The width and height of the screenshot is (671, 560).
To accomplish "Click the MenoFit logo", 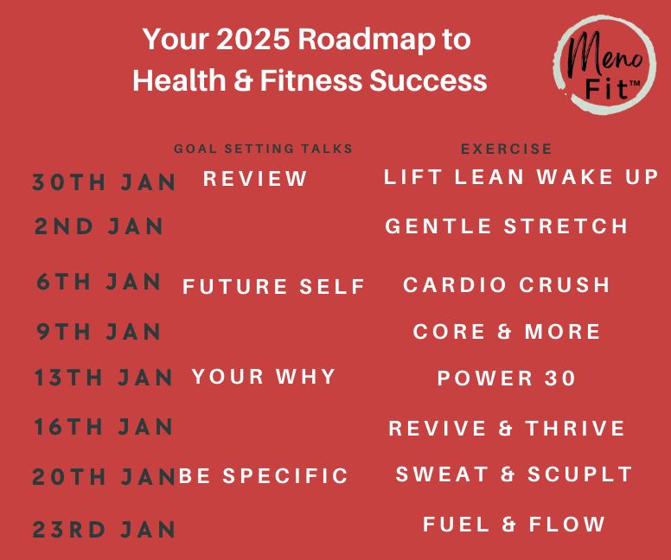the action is coord(604,65).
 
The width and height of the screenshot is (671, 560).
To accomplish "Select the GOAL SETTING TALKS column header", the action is coord(263,149).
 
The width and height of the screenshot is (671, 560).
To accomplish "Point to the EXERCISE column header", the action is coord(506,149).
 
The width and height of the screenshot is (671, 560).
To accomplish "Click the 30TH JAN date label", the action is coord(104,181).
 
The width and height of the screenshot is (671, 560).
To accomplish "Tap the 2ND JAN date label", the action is coord(99,226).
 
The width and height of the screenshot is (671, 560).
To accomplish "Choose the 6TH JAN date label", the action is coord(99,282).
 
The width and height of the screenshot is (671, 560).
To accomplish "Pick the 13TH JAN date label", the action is coord(103,378).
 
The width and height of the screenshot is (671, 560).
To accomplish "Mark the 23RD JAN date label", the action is coord(104,530).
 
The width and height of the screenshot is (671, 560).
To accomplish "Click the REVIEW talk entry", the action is coord(255,179).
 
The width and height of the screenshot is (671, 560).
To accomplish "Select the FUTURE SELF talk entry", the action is coord(273,287).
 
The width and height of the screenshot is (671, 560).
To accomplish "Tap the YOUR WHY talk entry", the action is coord(264,377).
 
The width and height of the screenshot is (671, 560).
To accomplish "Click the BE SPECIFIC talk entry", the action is coord(263,475).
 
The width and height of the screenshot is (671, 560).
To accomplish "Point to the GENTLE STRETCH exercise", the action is coord(506,226).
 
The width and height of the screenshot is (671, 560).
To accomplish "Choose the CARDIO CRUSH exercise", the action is coord(506,285).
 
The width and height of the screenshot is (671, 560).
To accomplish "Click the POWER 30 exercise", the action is coord(506,379).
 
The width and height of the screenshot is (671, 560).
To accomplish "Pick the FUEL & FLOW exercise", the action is coord(514,525).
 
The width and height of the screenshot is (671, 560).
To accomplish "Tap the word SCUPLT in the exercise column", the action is coord(580,474).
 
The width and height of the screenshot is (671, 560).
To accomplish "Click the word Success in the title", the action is coord(428,80).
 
